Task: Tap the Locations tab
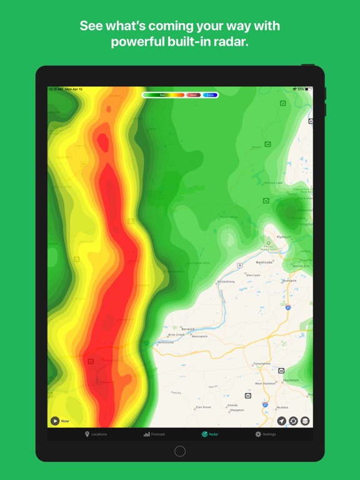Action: pos(96,434)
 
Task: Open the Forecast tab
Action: pos(154,434)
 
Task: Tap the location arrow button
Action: pos(282,421)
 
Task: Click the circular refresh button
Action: pos(293,421)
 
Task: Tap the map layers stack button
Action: pos(305,421)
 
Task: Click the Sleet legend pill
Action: pos(193,95)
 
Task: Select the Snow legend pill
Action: pos(210,95)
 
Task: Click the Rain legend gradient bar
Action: pos(164,95)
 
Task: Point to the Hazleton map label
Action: pos(291,380)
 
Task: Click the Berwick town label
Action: pos(188,329)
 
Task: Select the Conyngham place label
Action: pos(262,363)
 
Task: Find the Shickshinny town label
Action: pos(226,282)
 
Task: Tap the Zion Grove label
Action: pos(203,407)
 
